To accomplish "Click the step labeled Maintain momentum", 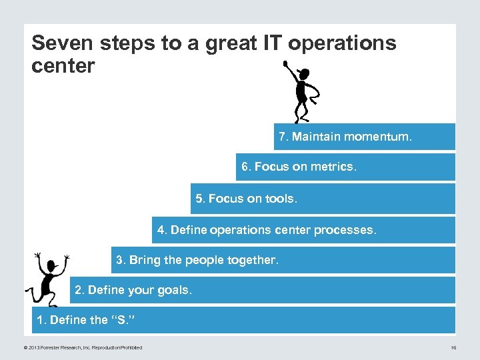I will point(345,137).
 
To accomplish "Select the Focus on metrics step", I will point(299,167).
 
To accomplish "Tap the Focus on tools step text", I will point(246,199).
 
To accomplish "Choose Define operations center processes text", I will point(267,230).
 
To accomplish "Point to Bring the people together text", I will point(197,260).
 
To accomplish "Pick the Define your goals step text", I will point(133,290).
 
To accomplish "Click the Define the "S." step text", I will point(85,320).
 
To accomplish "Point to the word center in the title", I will point(63,66).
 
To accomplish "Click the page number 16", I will point(453,347).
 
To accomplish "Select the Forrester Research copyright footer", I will point(83,347).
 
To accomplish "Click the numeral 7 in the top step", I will point(283,137).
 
